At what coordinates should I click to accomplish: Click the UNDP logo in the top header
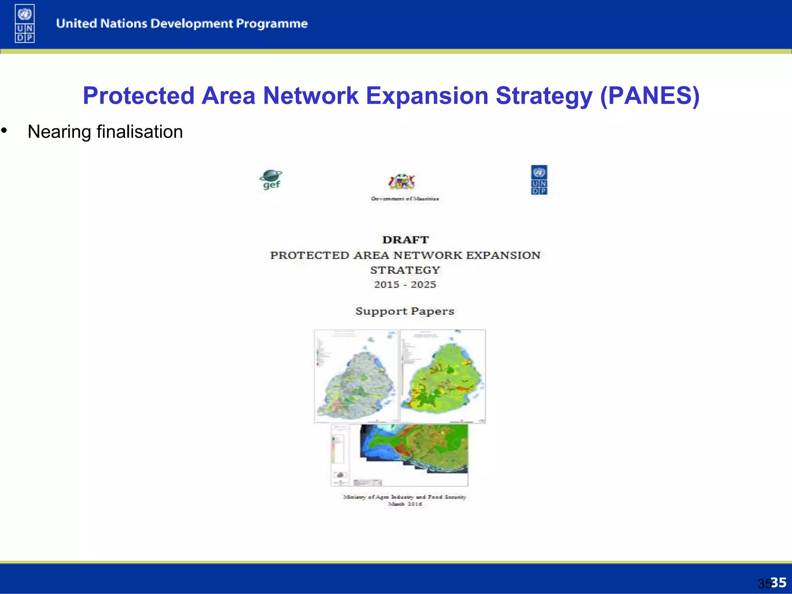tap(25, 23)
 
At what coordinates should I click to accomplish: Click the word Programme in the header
tap(271, 24)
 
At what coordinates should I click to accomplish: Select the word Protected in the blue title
tap(138, 96)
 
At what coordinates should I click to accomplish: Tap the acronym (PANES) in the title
tap(649, 96)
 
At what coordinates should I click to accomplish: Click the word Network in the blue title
tap(311, 96)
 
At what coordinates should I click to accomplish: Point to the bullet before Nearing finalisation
tap(4, 131)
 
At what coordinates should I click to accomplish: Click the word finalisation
tap(140, 132)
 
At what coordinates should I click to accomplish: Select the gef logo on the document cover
tap(271, 179)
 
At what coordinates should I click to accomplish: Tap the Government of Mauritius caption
tap(405, 199)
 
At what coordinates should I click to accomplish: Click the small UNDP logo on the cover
tap(539, 180)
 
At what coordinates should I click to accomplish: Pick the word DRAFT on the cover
tap(405, 240)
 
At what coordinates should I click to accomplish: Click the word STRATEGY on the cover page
tap(405, 270)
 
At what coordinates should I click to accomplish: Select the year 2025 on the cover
tap(423, 285)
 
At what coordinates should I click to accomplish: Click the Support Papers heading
tap(405, 311)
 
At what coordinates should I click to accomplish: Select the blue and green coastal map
tap(414, 449)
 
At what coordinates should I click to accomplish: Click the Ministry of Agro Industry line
tap(405, 497)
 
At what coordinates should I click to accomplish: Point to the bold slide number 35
tap(778, 582)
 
